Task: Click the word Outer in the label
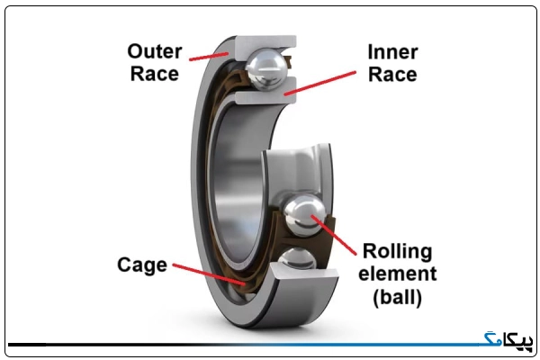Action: tap(155, 51)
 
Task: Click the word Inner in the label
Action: tap(392, 52)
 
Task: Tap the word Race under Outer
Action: tap(155, 74)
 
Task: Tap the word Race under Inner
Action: tap(392, 75)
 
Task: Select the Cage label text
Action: tap(142, 265)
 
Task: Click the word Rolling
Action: tap(398, 251)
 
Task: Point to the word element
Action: tap(398, 274)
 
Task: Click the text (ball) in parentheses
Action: tap(398, 297)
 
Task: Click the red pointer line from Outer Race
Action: tap(209, 57)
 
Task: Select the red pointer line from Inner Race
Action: tap(319, 83)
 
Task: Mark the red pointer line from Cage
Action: tap(209, 274)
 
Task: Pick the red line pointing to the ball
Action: tap(334, 235)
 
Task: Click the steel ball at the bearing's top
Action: tap(267, 69)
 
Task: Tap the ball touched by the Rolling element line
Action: tap(304, 215)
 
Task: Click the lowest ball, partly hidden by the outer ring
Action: tap(298, 257)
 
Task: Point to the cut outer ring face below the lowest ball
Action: tap(303, 271)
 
